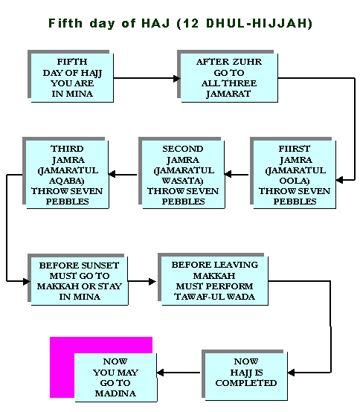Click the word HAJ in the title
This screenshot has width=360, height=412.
point(155,23)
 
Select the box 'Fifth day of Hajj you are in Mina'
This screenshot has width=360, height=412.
point(72,78)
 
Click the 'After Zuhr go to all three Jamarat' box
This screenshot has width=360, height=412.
point(229,78)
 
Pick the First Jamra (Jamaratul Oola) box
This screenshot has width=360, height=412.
point(295,175)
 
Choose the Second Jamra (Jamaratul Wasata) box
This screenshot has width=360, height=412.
point(183,175)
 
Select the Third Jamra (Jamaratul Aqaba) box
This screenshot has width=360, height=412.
point(67,175)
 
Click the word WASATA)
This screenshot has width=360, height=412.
point(183,181)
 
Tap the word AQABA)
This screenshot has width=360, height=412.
point(67,181)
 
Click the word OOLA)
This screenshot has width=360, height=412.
point(295,181)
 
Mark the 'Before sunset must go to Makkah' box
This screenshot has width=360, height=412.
point(80,281)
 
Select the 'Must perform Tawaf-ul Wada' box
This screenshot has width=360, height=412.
point(215,281)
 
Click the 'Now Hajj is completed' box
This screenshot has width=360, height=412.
point(246,376)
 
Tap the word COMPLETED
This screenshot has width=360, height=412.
point(246,383)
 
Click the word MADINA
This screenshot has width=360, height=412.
point(115,393)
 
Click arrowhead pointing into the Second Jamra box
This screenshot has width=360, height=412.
point(228,174)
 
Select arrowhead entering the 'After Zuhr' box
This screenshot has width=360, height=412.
point(177,78)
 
